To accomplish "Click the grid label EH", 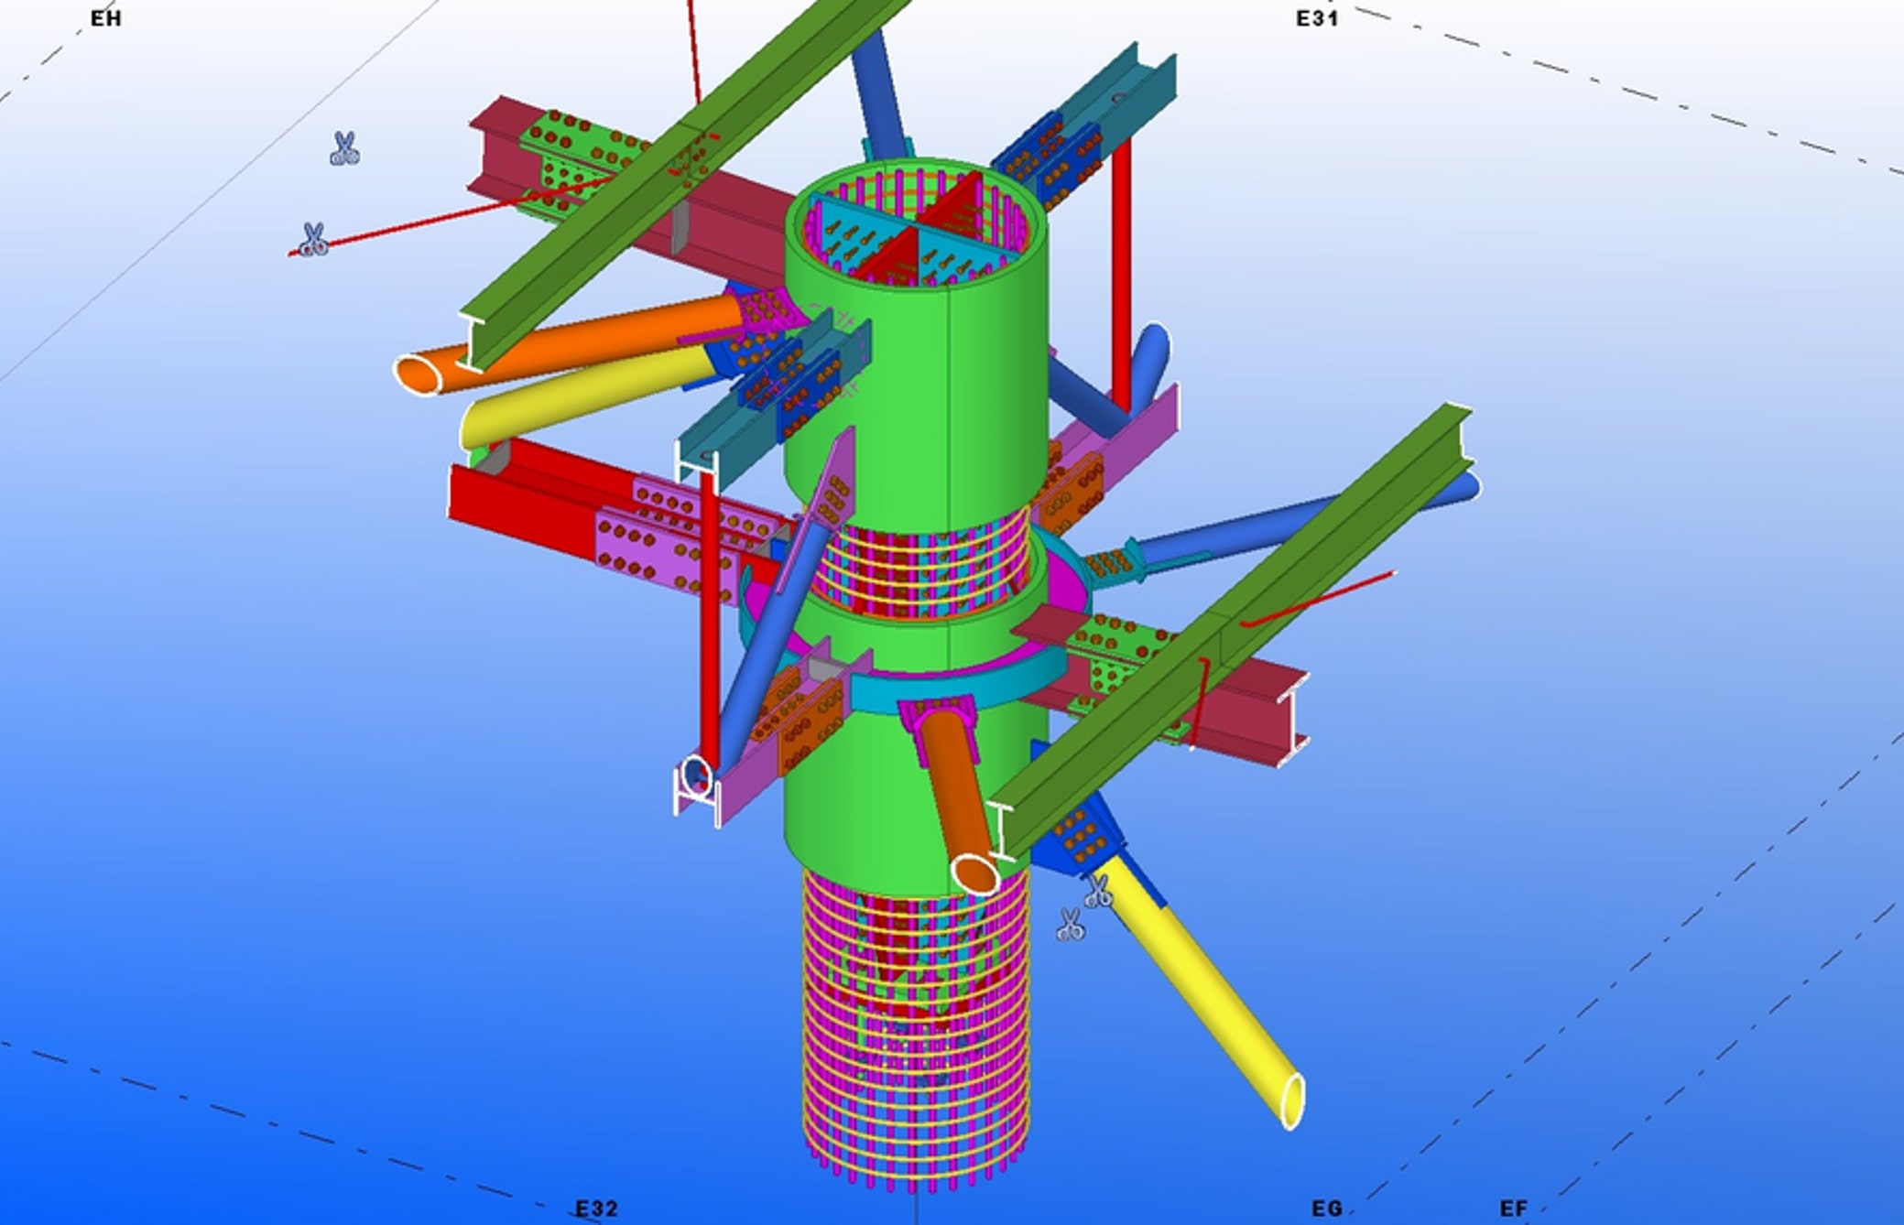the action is [x=106, y=18].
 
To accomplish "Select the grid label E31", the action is [x=1317, y=18].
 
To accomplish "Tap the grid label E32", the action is [x=597, y=1209].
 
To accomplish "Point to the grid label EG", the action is [x=1327, y=1209].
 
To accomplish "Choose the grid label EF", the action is [x=1514, y=1209].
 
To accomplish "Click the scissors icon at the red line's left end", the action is [x=313, y=240].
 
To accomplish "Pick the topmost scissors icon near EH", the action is [x=344, y=148].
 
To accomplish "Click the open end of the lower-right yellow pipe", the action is [x=1292, y=1101].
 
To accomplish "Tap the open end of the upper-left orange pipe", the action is [x=419, y=374].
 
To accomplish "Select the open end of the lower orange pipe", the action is [x=975, y=873].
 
